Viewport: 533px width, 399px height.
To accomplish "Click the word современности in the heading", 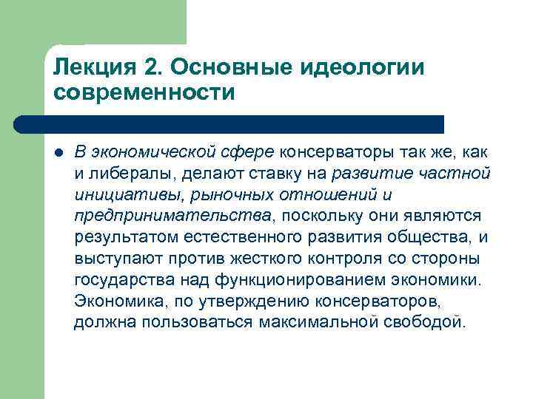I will pos(144,94).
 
